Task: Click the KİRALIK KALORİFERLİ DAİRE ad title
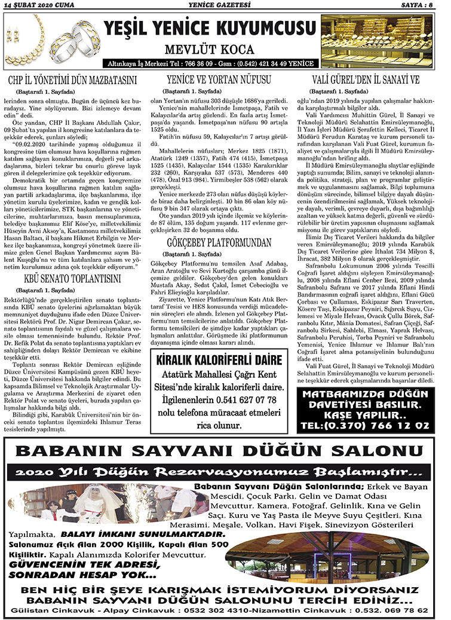[x=219, y=361]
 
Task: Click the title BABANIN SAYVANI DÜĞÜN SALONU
[x=225, y=450]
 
